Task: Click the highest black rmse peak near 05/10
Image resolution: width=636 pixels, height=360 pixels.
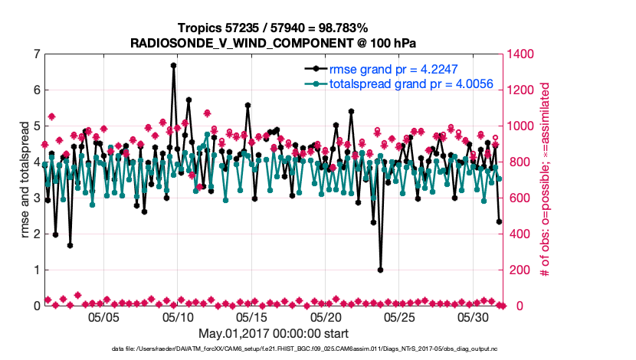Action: (174, 65)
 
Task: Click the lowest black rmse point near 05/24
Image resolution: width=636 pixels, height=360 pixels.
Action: (380, 270)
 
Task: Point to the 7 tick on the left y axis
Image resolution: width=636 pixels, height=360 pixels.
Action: (36, 54)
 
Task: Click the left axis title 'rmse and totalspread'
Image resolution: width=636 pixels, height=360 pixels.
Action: (25, 180)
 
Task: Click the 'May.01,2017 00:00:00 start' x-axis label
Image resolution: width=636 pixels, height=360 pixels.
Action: (273, 334)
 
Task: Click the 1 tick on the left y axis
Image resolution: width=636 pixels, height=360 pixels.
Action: (36, 270)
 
